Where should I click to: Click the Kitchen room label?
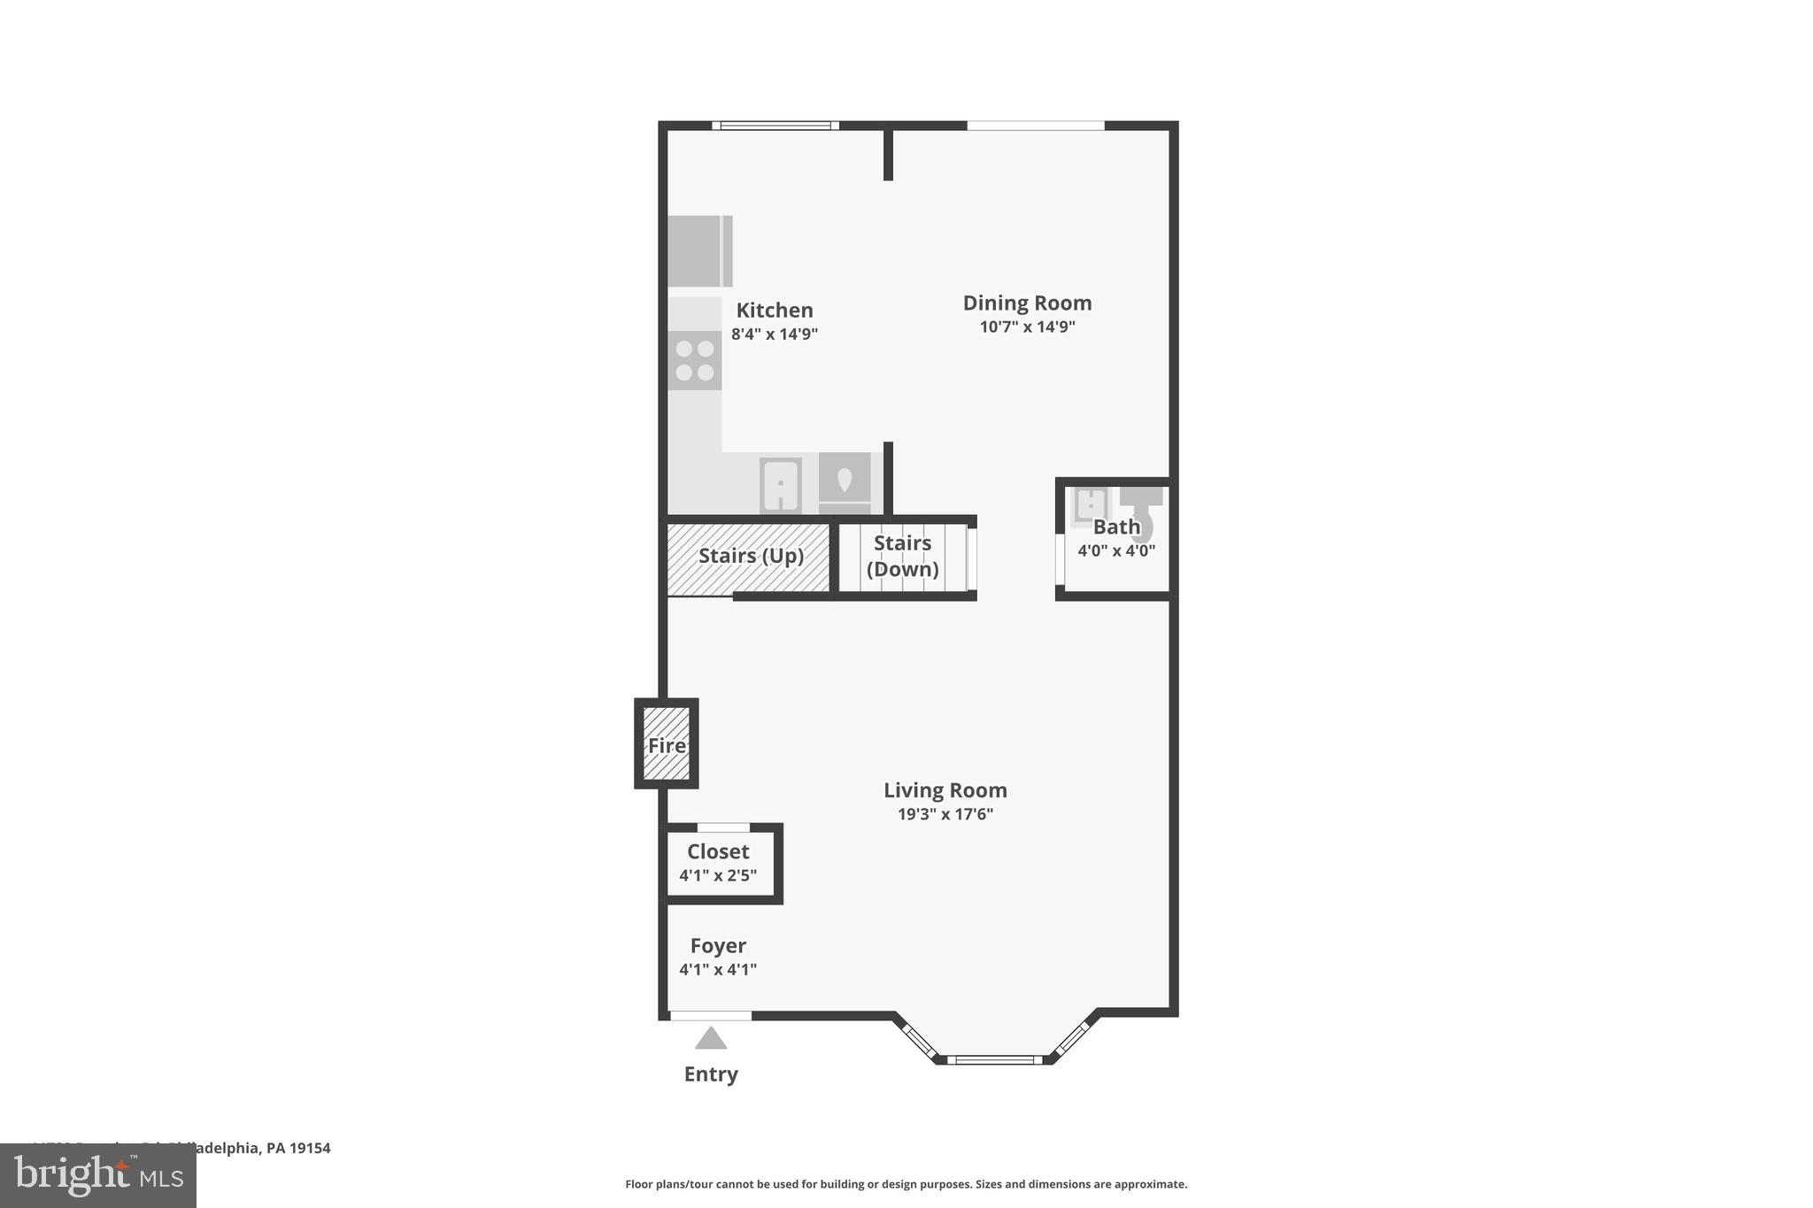pyautogui.click(x=774, y=311)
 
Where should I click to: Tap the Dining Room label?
pyautogui.click(x=1027, y=304)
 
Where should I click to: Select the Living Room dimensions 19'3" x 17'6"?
pyautogui.click(x=945, y=814)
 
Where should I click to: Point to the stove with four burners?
pyautogui.click(x=695, y=360)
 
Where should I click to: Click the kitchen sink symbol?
pyautogui.click(x=780, y=484)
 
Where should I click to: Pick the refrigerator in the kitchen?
pyautogui.click(x=699, y=251)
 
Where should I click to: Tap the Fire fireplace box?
pyautogui.click(x=667, y=744)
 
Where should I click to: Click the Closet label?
pyautogui.click(x=718, y=851)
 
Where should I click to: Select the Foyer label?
pyautogui.click(x=718, y=946)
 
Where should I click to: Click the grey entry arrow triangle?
pyautogui.click(x=711, y=1038)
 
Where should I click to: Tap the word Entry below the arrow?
pyautogui.click(x=711, y=1074)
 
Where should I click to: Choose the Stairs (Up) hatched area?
pyautogui.click(x=750, y=558)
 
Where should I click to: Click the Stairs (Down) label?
pyautogui.click(x=902, y=556)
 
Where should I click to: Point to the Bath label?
pyautogui.click(x=1116, y=527)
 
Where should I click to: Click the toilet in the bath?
pyautogui.click(x=1141, y=513)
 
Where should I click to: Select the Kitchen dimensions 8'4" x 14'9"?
pyautogui.click(x=774, y=335)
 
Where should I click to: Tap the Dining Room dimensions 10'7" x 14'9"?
pyautogui.click(x=1027, y=327)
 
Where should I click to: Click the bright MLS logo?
pyautogui.click(x=98, y=1175)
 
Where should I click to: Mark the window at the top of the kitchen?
pyautogui.click(x=775, y=126)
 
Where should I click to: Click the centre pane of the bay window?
pyautogui.click(x=995, y=1059)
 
